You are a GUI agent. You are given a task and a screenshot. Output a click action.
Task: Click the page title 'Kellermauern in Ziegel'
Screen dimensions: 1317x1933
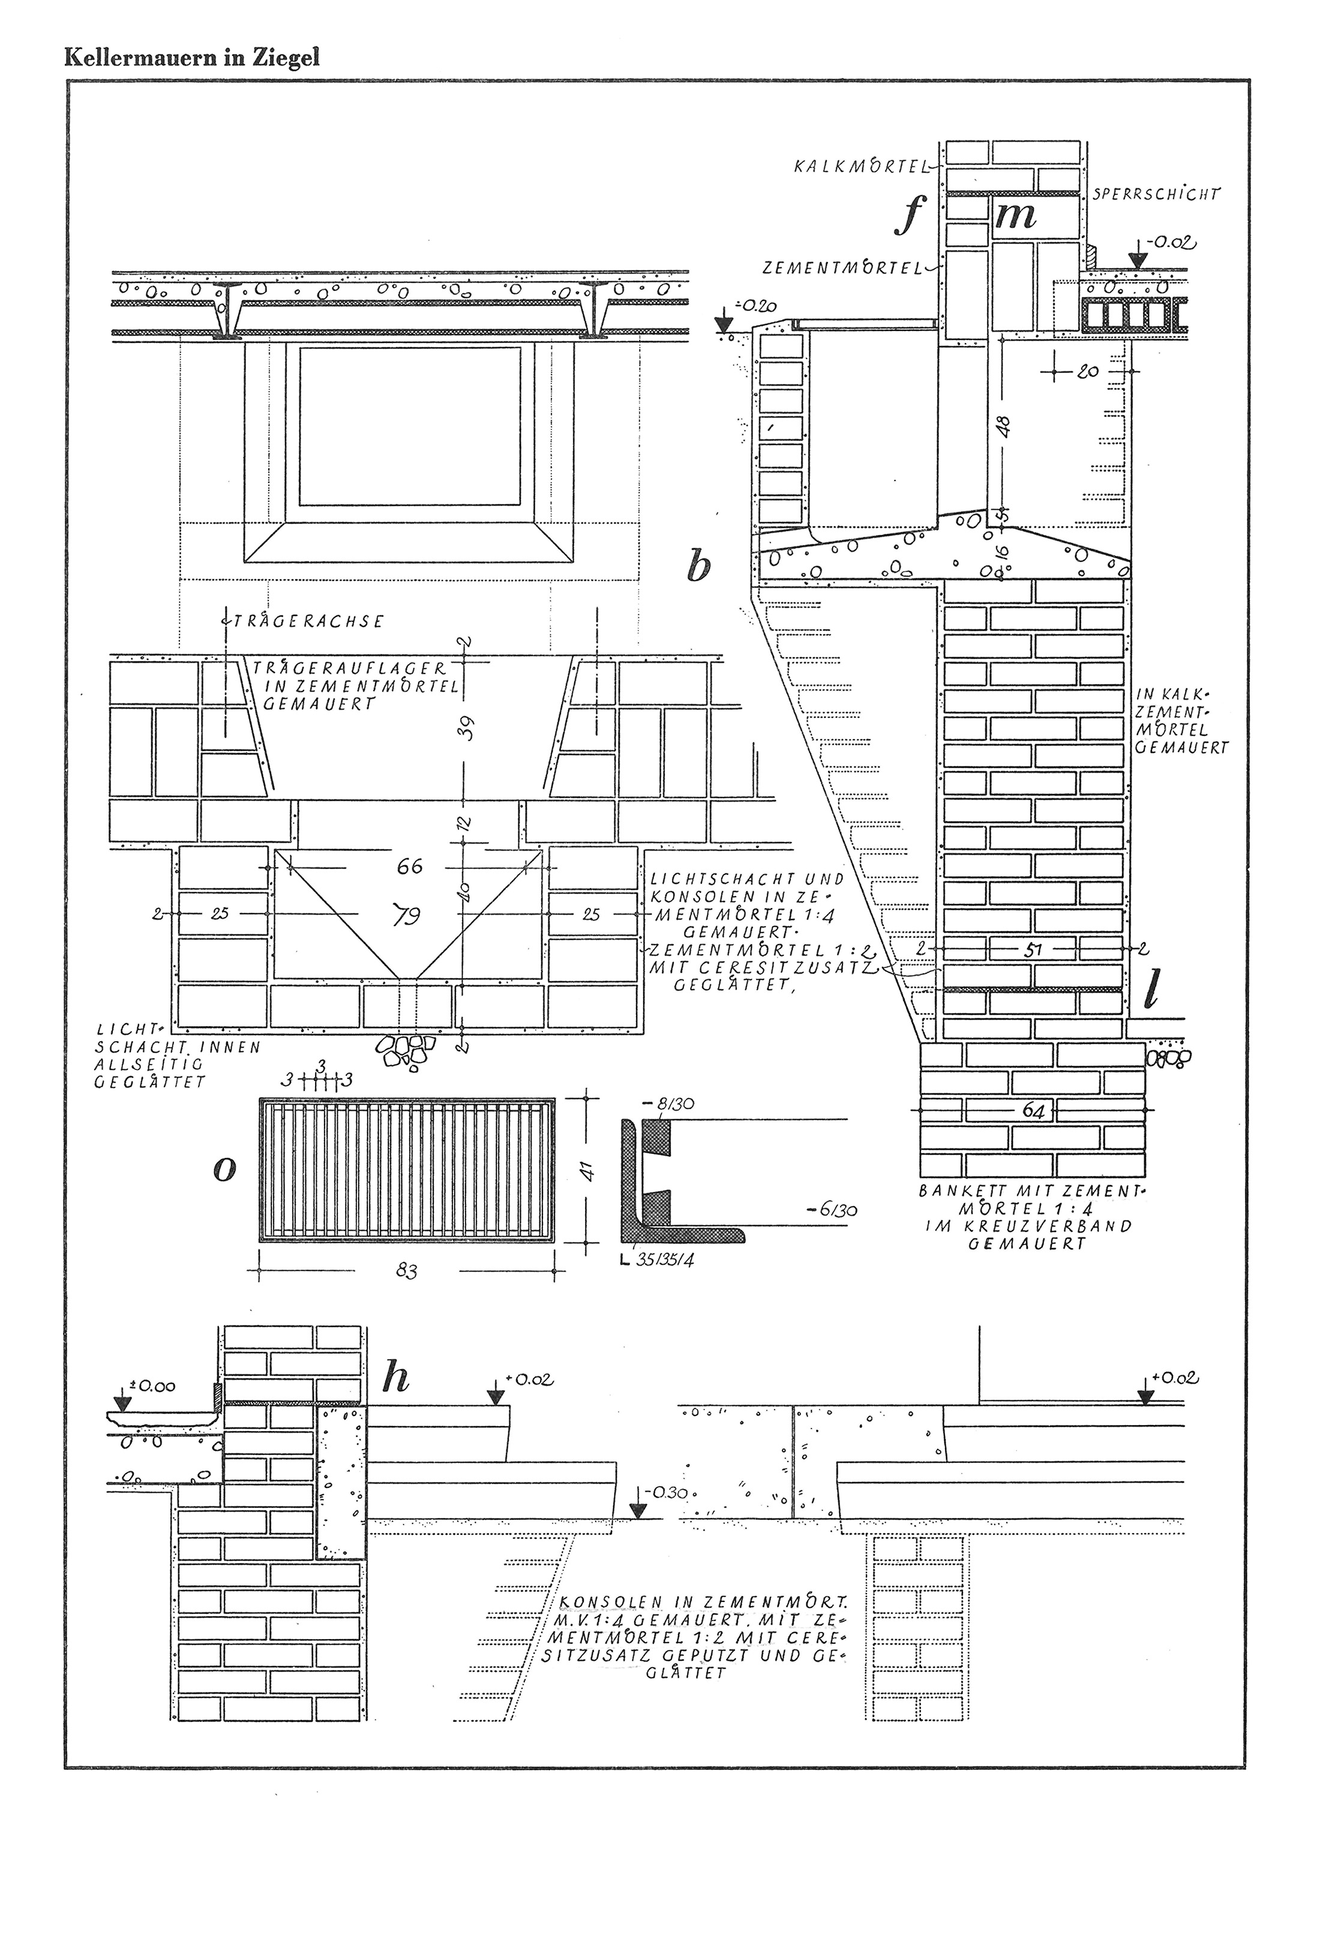[192, 58]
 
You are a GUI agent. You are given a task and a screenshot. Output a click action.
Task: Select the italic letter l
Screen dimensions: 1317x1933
[1151, 988]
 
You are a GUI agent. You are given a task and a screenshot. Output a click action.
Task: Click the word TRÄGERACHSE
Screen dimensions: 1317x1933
[305, 621]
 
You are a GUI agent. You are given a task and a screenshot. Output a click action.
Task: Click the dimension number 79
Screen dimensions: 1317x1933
[407, 916]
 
